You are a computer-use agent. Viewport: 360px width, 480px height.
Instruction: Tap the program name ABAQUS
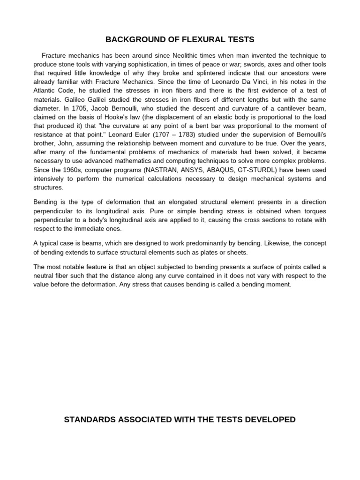point(229,170)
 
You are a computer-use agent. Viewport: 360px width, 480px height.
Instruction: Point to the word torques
point(314,211)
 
